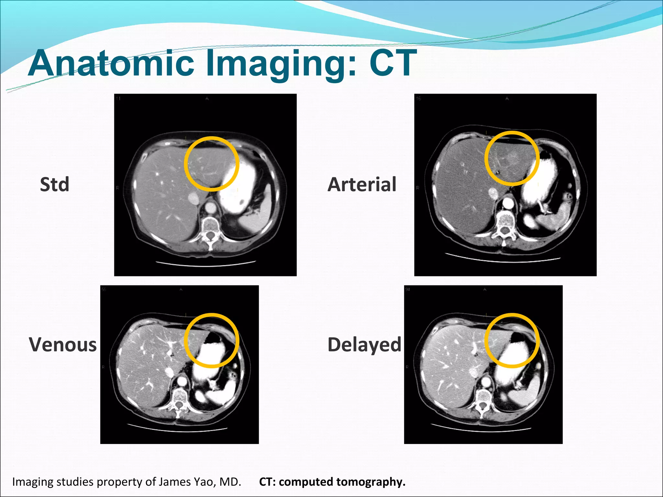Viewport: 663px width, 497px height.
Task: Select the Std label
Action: click(x=54, y=184)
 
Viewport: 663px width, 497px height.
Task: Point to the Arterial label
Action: click(x=362, y=184)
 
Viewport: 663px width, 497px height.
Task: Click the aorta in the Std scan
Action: click(x=211, y=207)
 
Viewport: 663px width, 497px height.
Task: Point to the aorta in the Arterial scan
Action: click(x=508, y=204)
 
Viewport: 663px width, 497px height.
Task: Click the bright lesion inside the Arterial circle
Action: click(x=512, y=159)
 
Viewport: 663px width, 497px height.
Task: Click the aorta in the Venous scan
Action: click(x=182, y=381)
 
